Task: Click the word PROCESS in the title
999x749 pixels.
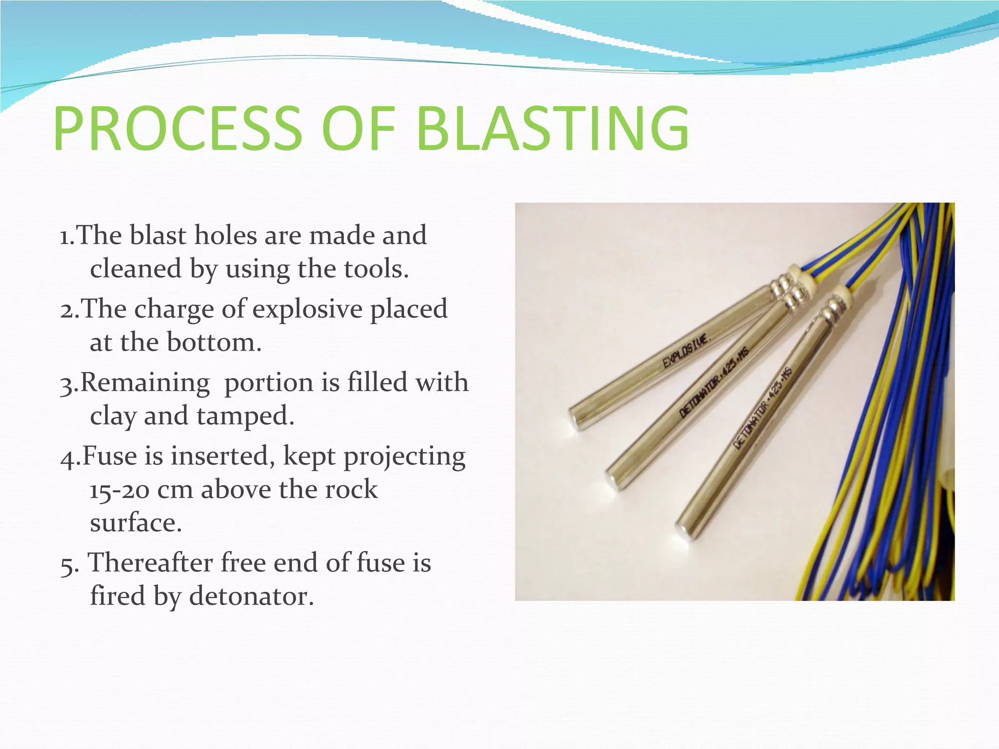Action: (178, 129)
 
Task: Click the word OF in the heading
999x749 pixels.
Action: (359, 129)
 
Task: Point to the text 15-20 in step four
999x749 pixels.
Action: (119, 490)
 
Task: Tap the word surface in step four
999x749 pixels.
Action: (135, 523)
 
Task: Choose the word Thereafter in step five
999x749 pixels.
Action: (150, 562)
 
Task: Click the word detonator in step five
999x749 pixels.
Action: (251, 596)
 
